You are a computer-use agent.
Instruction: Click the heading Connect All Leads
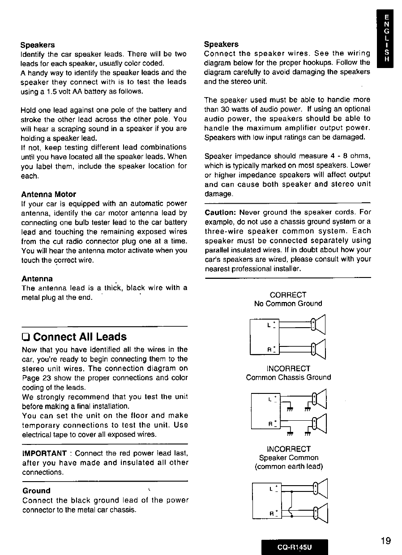pyautogui.click(x=80, y=337)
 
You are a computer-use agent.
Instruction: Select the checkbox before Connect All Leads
pyautogui.click(x=26, y=337)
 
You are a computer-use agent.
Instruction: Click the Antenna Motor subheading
pyautogui.click(x=48, y=194)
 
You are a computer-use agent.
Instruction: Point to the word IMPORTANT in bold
pyautogui.click(x=44, y=453)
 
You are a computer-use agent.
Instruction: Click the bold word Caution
pyautogui.click(x=220, y=212)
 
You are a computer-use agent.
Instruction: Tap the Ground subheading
pyautogui.click(x=36, y=491)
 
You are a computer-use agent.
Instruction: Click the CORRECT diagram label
pyautogui.click(x=288, y=295)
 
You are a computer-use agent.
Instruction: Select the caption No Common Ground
pyautogui.click(x=288, y=303)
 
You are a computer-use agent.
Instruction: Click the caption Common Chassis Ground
pyautogui.click(x=288, y=377)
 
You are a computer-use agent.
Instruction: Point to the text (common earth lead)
pyautogui.click(x=288, y=466)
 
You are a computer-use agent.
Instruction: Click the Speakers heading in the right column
pyautogui.click(x=221, y=44)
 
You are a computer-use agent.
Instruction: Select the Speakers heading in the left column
pyautogui.click(x=38, y=45)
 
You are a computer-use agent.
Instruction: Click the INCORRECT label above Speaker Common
pyautogui.click(x=288, y=449)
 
